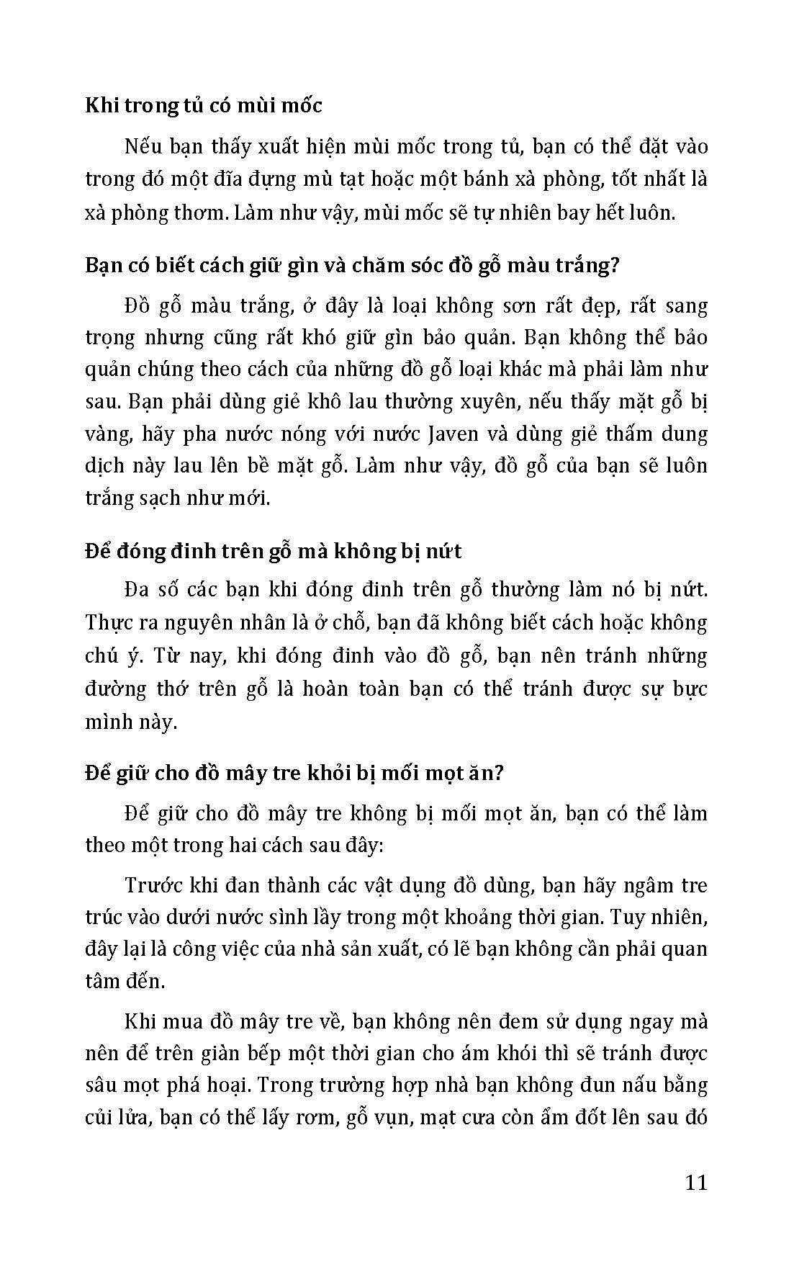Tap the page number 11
695,1183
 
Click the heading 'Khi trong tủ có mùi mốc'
204,105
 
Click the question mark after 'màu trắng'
614,265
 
